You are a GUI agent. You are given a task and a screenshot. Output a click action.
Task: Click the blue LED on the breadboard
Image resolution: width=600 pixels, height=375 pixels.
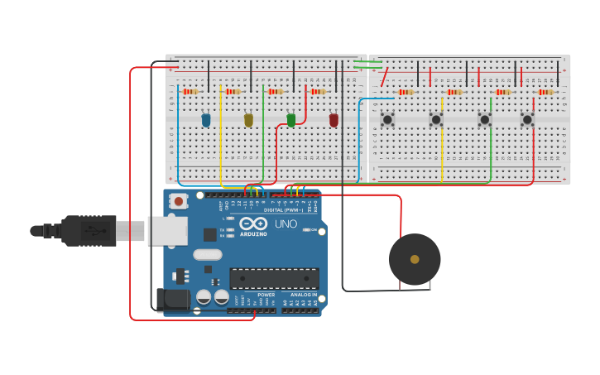click(206, 120)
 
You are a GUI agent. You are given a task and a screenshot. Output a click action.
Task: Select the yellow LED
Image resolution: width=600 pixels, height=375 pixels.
click(248, 120)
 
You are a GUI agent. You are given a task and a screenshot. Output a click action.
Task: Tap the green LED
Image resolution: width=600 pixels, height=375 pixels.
click(291, 120)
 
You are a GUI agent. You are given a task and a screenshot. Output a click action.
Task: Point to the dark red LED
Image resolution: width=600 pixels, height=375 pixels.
click(334, 120)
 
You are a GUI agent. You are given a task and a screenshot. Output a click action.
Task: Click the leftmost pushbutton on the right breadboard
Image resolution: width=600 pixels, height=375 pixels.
click(387, 120)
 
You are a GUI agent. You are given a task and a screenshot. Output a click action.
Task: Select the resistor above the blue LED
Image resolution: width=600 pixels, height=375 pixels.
click(191, 91)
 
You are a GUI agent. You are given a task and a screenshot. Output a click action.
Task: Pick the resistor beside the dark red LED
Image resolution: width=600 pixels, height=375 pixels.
click(319, 91)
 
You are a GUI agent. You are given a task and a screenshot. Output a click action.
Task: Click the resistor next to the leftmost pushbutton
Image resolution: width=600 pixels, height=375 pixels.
click(406, 92)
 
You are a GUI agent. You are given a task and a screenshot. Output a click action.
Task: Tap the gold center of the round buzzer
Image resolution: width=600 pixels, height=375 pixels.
click(415, 259)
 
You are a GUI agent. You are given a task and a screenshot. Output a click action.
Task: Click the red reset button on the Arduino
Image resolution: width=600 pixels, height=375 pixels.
click(178, 200)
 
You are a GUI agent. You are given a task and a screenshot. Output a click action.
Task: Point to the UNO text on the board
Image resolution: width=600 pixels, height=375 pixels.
click(286, 224)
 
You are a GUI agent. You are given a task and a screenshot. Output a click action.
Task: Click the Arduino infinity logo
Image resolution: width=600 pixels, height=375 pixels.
click(252, 224)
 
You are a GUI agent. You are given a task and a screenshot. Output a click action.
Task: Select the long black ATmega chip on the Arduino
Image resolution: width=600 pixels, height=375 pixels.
click(274, 279)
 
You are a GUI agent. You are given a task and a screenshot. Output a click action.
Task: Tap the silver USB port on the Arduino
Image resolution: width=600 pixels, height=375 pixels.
click(167, 231)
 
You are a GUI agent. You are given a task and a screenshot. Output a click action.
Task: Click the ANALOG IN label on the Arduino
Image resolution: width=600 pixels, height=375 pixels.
click(303, 295)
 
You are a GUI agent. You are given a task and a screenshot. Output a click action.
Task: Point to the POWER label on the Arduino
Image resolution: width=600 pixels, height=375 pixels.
click(266, 295)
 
